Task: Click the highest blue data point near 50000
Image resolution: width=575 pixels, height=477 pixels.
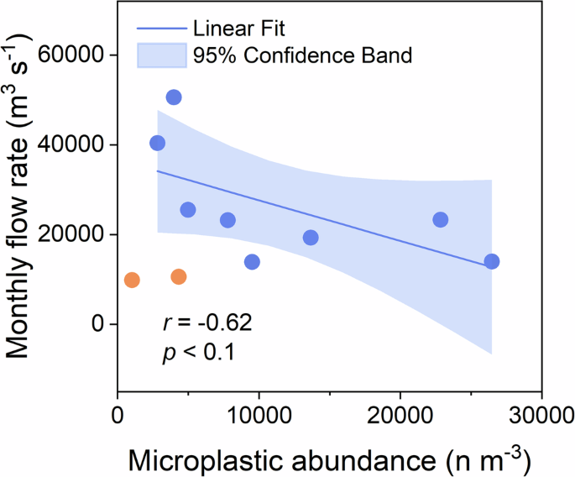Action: click(174, 97)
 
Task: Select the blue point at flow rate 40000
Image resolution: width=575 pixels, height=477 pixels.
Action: click(157, 143)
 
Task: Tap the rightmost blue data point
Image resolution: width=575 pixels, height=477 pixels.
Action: click(492, 261)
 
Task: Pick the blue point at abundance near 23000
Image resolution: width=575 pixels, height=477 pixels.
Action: click(441, 220)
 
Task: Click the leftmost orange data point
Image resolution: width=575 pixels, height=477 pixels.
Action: click(132, 280)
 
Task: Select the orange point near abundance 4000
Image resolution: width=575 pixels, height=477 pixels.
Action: click(179, 276)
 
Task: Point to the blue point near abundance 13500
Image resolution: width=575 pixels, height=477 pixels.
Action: click(311, 238)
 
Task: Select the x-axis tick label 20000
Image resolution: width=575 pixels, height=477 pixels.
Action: click(400, 414)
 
